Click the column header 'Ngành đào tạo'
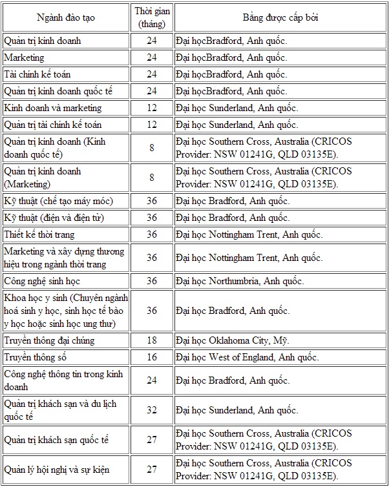tap(67, 17)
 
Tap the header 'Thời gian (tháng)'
tap(152, 17)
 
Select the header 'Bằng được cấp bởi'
tap(280, 17)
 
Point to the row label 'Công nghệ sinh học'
tap(42, 281)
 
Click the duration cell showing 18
tap(152, 340)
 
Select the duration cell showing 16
tap(152, 357)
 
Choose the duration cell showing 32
tap(152, 410)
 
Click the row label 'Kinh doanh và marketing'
tap(53, 108)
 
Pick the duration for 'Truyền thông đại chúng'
tap(152, 340)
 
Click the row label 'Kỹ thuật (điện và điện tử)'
tap(54, 218)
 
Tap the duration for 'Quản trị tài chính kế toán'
tap(152, 125)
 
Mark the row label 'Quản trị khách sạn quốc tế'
tap(56, 440)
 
